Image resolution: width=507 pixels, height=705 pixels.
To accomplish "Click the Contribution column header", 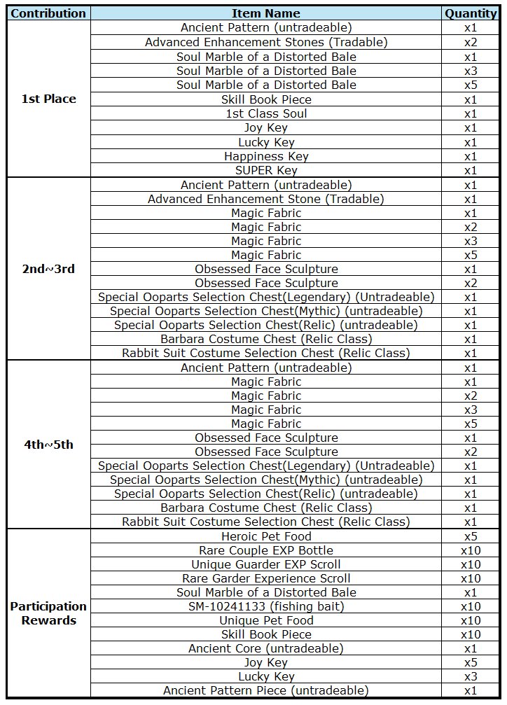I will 48,13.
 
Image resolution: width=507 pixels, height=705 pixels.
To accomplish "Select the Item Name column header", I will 266,13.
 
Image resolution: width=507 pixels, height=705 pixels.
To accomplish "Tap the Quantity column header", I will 471,13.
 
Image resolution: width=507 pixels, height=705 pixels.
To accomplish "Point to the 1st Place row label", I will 48,99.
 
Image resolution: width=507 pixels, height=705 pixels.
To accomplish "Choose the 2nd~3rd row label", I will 48,269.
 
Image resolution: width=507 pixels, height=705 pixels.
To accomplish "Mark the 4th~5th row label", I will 48,445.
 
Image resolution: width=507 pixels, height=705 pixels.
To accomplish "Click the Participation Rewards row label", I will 48,613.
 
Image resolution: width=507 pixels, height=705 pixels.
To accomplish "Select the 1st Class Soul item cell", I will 266,113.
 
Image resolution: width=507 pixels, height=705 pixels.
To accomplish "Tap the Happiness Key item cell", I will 266,156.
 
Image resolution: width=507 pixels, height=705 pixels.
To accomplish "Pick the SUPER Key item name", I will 266,170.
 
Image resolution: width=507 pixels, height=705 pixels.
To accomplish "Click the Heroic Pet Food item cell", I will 266,536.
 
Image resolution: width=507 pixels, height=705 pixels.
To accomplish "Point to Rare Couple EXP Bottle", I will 266,550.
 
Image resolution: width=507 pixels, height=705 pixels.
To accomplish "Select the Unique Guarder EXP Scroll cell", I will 266,564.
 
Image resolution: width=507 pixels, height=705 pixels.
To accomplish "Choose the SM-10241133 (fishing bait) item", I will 266,606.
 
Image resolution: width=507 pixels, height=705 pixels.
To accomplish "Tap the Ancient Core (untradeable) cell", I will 266,648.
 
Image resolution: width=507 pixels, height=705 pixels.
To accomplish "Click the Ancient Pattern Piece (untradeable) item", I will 266,690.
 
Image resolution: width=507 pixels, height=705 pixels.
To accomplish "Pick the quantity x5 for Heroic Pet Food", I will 471,536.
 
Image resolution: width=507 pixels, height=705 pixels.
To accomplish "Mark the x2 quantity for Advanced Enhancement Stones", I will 471,42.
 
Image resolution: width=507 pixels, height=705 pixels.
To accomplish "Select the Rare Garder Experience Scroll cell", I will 266,578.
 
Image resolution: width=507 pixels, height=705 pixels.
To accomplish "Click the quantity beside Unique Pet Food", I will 471,620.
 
